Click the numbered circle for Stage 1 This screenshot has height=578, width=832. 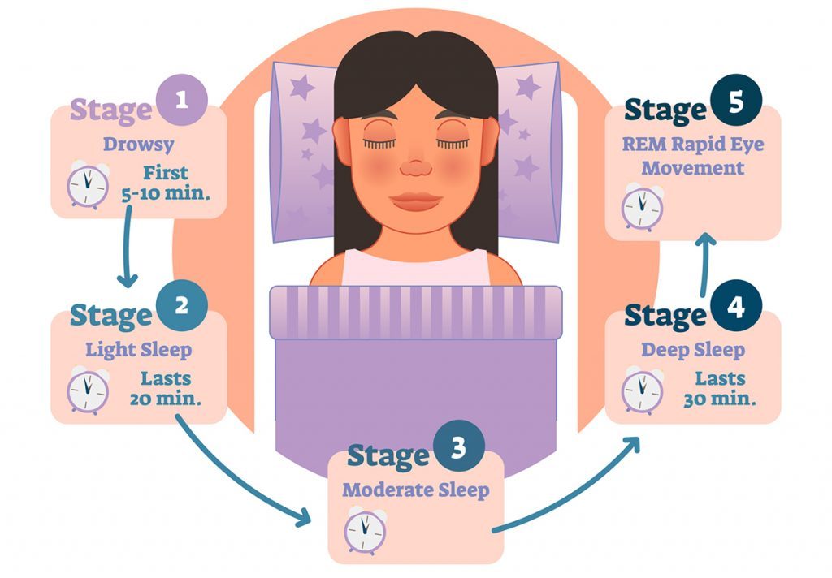[182, 100]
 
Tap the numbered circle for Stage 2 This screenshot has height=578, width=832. [182, 305]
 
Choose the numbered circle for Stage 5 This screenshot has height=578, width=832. [736, 100]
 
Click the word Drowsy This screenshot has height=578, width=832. [138, 144]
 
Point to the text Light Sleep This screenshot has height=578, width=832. [138, 350]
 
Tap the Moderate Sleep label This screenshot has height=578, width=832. [415, 490]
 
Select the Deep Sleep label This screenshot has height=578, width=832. [693, 350]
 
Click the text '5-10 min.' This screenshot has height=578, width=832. [166, 193]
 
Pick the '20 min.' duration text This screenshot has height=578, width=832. [166, 399]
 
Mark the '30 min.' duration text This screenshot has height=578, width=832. [720, 399]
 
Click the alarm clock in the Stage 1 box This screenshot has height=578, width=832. [88, 185]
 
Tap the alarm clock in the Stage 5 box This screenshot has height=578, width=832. [643, 207]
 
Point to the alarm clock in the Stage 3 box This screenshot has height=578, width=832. [366, 530]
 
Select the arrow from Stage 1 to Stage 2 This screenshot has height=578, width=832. [128, 247]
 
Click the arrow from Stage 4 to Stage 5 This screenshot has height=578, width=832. [705, 265]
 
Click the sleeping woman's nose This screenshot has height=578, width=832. [416, 167]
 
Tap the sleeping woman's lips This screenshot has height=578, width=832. [416, 201]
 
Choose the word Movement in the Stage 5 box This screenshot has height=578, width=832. [693, 168]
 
